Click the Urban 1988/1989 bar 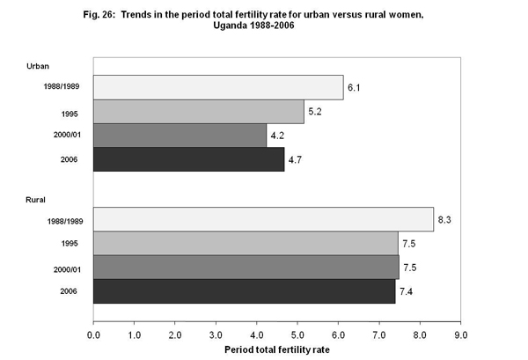[x=218, y=88]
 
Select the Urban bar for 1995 [x=199, y=112]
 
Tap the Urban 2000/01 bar [x=180, y=136]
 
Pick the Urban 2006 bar [x=189, y=159]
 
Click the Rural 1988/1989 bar [x=263, y=219]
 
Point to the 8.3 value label [x=446, y=219]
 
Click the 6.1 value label [x=356, y=88]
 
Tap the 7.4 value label [x=408, y=290]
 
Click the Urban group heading [x=37, y=67]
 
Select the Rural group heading [x=35, y=202]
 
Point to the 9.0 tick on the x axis [x=459, y=335]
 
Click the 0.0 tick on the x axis [x=94, y=335]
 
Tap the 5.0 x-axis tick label [x=297, y=335]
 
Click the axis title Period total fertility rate [x=276, y=350]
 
